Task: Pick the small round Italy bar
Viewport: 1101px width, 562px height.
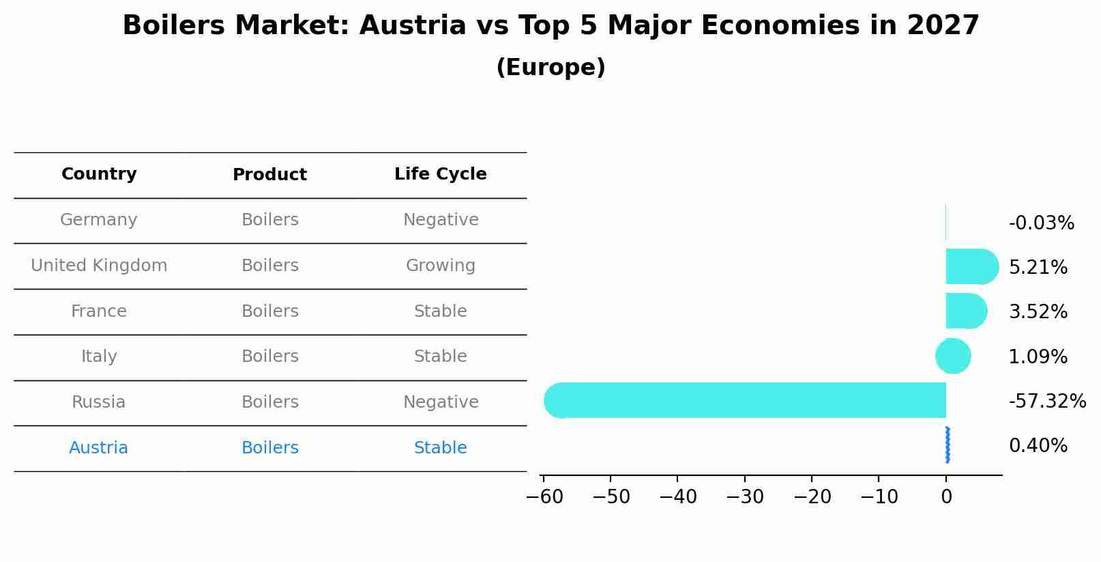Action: pyautogui.click(x=953, y=356)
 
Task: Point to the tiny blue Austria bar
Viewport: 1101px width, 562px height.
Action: pyautogui.click(x=948, y=445)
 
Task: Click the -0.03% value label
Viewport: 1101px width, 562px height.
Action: pyautogui.click(x=1041, y=223)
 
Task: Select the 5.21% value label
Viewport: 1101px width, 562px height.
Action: pyautogui.click(x=1038, y=268)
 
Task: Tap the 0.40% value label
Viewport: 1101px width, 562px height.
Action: pyautogui.click(x=1038, y=446)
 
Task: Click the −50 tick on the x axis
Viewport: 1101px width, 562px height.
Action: pyautogui.click(x=611, y=497)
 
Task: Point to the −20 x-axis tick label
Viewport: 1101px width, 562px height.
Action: pyautogui.click(x=812, y=497)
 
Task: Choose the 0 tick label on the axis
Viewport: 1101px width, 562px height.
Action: pyautogui.click(x=946, y=497)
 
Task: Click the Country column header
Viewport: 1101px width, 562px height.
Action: pyautogui.click(x=99, y=174)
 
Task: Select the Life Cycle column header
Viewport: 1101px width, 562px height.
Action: pyautogui.click(x=441, y=174)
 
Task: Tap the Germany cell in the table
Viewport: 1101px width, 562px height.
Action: pyautogui.click(x=99, y=220)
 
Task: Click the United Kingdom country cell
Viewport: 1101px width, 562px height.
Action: pyautogui.click(x=99, y=266)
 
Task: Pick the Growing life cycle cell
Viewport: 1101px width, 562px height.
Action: pyautogui.click(x=441, y=266)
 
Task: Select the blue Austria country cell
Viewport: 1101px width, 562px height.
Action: pyautogui.click(x=99, y=448)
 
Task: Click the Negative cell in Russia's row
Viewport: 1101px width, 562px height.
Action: pyautogui.click(x=441, y=402)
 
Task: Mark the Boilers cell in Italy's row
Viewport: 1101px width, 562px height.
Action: pyautogui.click(x=270, y=356)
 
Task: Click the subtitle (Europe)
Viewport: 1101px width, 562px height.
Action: pyautogui.click(x=550, y=68)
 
